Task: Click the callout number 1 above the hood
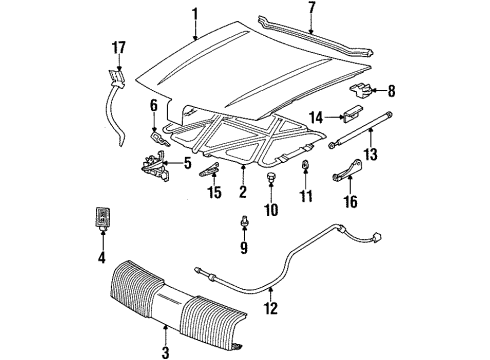(x=195, y=14)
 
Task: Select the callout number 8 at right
(x=391, y=92)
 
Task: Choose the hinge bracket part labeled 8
(x=365, y=91)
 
